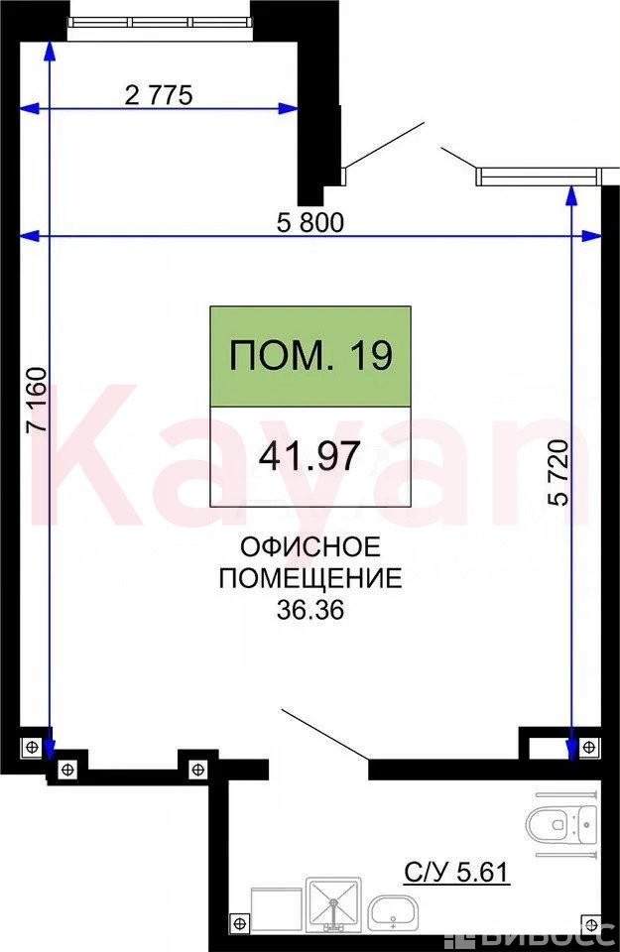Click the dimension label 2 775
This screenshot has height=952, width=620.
159,95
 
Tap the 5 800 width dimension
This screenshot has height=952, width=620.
310,223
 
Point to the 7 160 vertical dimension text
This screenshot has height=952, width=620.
37,400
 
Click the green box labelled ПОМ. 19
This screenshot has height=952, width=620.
310,356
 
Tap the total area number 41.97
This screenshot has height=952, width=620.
310,456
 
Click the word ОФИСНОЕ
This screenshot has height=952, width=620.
310,547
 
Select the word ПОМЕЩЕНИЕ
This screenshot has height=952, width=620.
310,578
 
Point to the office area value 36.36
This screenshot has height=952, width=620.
310,610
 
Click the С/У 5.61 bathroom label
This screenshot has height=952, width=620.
456,873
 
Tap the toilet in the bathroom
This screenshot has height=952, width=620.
561,825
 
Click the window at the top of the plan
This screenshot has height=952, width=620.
159,22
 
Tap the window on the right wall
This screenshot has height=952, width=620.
537,177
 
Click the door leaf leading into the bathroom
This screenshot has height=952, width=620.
323,734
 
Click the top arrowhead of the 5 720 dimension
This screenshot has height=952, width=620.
570,193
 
